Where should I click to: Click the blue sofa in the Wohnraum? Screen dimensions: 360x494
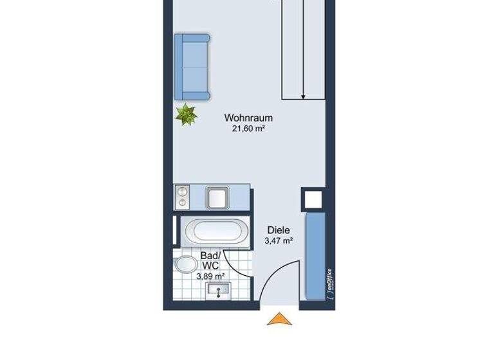[x=192, y=67]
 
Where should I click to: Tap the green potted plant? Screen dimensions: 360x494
[x=187, y=114]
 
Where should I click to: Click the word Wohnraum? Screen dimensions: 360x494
[x=249, y=118]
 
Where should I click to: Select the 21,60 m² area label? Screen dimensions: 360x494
[x=249, y=129]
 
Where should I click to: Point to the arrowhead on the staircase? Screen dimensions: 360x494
[x=302, y=96]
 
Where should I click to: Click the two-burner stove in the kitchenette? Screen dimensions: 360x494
[x=183, y=196]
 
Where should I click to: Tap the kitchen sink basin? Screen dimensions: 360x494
[x=216, y=196]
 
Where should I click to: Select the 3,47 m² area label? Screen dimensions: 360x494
[x=279, y=241]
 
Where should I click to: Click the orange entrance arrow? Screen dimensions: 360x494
[x=279, y=319]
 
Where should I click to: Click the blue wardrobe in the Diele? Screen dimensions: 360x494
[x=315, y=257]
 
